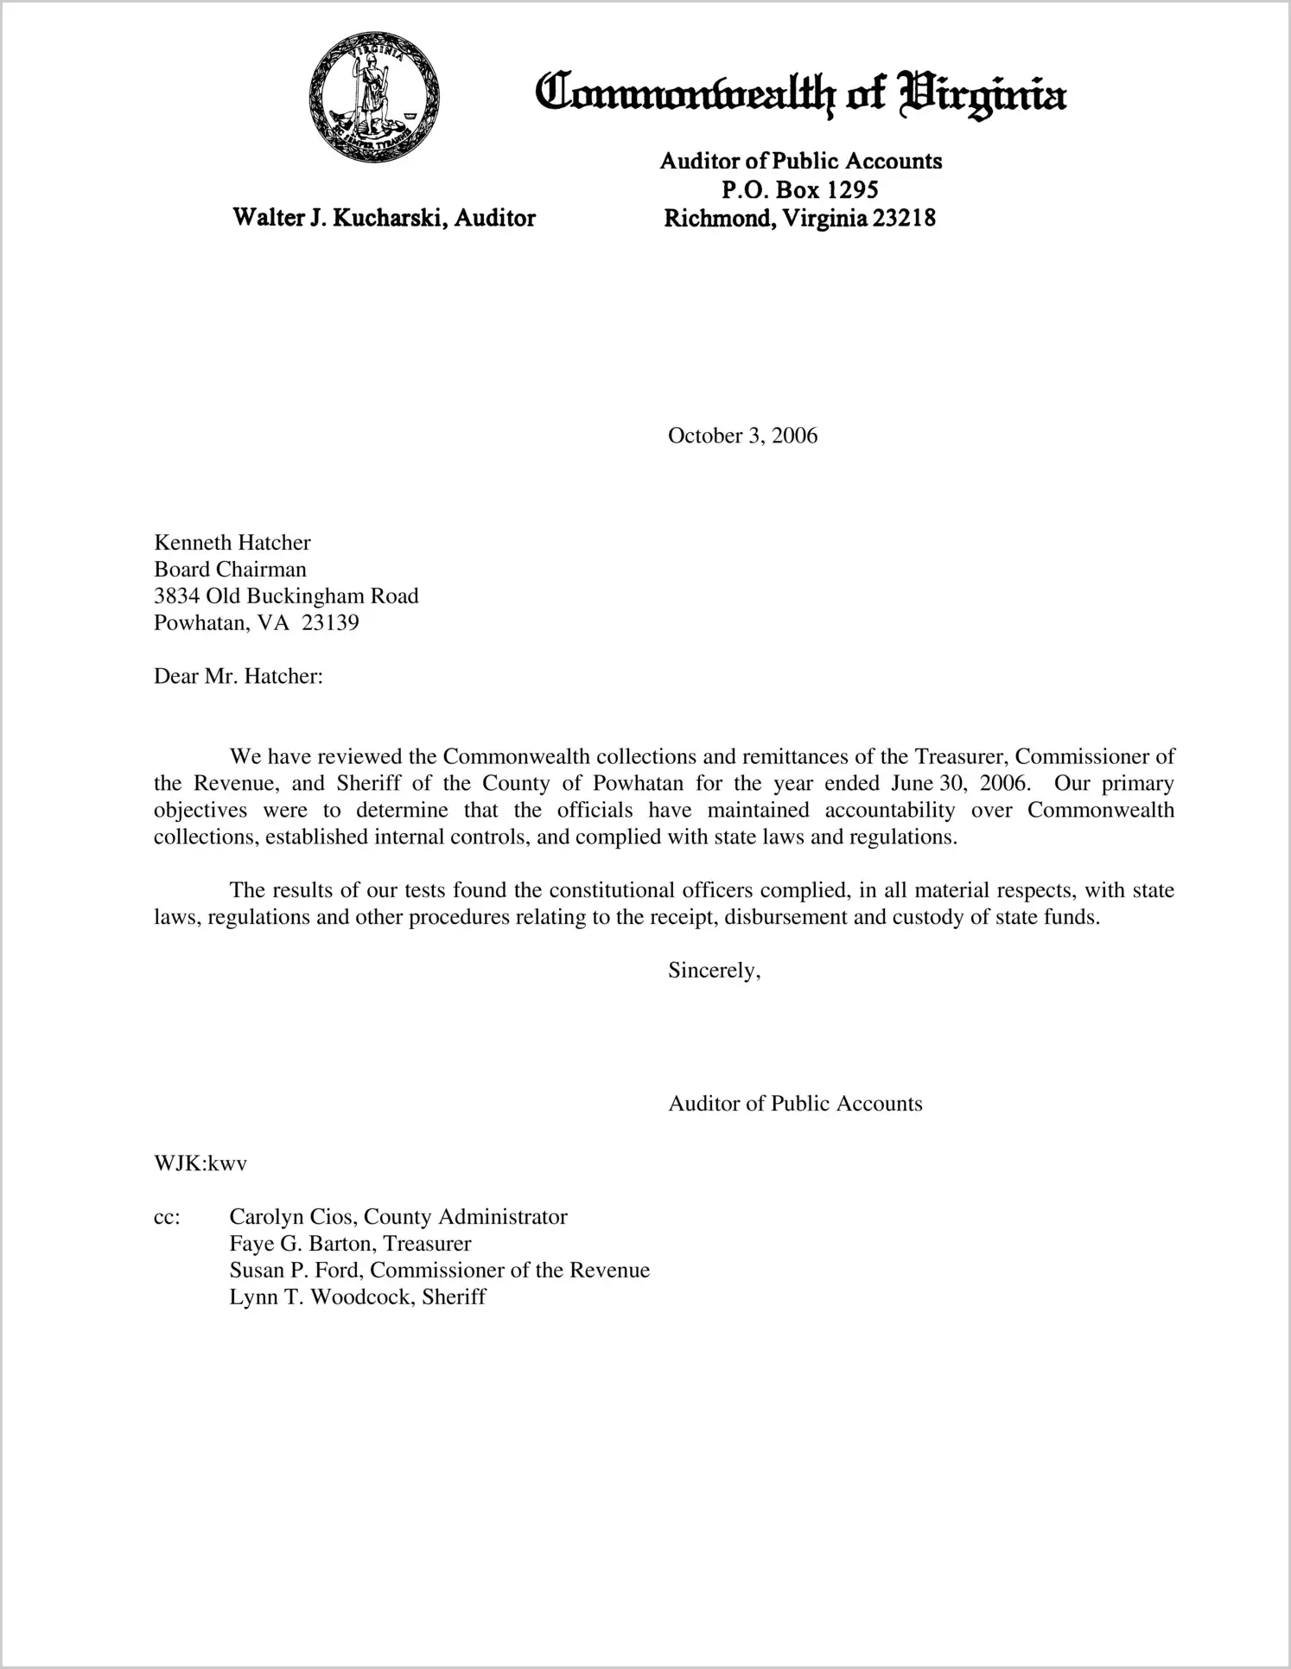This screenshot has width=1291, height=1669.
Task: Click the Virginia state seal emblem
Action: click(374, 96)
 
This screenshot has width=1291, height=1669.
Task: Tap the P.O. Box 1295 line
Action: click(799, 189)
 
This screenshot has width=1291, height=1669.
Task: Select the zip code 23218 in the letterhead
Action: click(904, 218)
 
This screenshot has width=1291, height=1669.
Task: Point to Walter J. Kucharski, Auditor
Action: click(384, 218)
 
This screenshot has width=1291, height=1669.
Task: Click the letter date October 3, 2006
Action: click(742, 436)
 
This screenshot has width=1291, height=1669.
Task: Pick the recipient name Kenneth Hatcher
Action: click(232, 542)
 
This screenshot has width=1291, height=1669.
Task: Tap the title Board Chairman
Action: click(230, 569)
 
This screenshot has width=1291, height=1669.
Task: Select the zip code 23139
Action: click(330, 622)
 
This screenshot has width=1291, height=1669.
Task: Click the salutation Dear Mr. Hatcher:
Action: click(238, 676)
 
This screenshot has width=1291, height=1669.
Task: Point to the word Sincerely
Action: click(713, 971)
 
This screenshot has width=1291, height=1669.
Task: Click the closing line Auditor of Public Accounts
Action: click(795, 1104)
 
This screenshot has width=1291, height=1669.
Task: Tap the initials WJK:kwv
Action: click(200, 1163)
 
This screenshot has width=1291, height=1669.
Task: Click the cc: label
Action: click(167, 1217)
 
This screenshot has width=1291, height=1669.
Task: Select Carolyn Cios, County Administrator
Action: click(397, 1217)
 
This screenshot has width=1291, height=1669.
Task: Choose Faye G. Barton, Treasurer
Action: click(350, 1244)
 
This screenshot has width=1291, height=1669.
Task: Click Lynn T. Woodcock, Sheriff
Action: click(357, 1297)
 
